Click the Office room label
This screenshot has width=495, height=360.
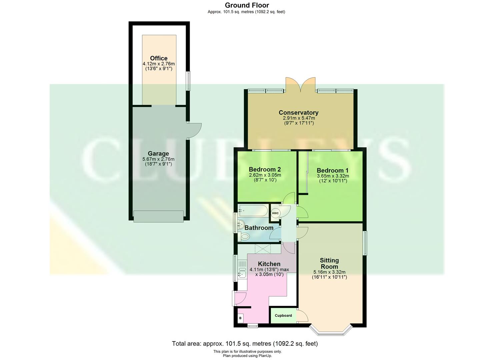(x=159, y=58)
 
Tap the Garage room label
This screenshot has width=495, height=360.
(x=158, y=154)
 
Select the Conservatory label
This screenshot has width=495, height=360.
(x=298, y=113)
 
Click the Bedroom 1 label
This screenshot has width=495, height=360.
(x=332, y=171)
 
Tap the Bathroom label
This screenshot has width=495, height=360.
(x=259, y=228)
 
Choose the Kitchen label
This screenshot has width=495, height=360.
(x=269, y=264)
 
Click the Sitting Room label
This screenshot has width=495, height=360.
(x=329, y=263)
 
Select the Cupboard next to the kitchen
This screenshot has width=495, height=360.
(x=283, y=316)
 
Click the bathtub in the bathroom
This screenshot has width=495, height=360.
(x=253, y=211)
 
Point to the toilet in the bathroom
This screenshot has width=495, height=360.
(x=244, y=237)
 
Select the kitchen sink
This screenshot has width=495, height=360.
(x=242, y=274)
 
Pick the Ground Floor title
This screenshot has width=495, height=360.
(x=247, y=5)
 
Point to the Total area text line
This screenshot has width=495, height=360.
(x=245, y=343)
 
